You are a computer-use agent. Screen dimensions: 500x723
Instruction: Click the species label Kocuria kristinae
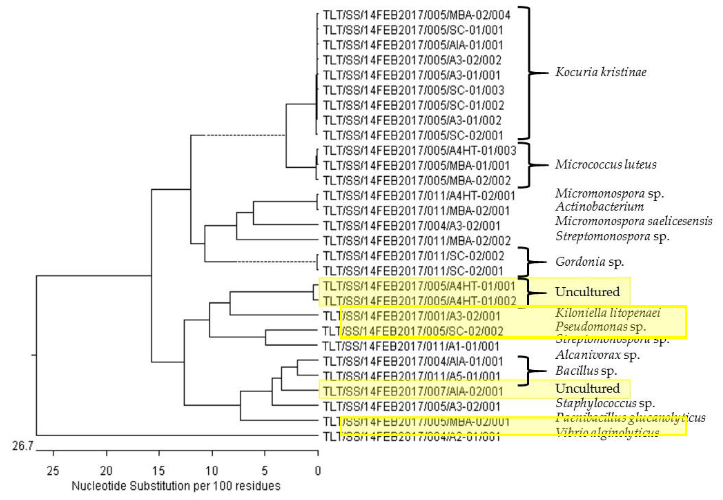[600, 72]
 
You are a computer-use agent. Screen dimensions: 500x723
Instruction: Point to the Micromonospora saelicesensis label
[633, 221]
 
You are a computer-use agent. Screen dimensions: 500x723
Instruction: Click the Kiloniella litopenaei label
[608, 313]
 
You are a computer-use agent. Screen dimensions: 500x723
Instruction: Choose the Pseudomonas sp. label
[600, 327]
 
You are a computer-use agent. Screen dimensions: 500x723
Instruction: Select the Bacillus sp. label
[586, 371]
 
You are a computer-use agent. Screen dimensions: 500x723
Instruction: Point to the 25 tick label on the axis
[53, 471]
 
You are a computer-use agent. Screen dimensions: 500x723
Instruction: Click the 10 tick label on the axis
[212, 471]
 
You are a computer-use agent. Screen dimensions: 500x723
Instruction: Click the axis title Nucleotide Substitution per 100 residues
[176, 486]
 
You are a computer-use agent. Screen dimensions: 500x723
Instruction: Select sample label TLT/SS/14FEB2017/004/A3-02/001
[411, 226]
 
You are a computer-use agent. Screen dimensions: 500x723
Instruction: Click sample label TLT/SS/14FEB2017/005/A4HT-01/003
[420, 151]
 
